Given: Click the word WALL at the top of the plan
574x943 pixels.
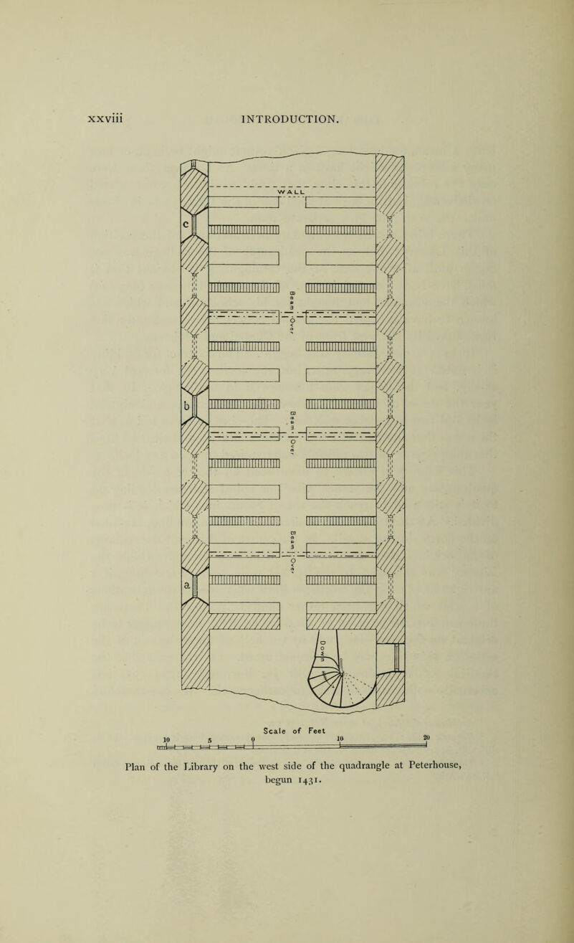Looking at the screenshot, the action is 292,191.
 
